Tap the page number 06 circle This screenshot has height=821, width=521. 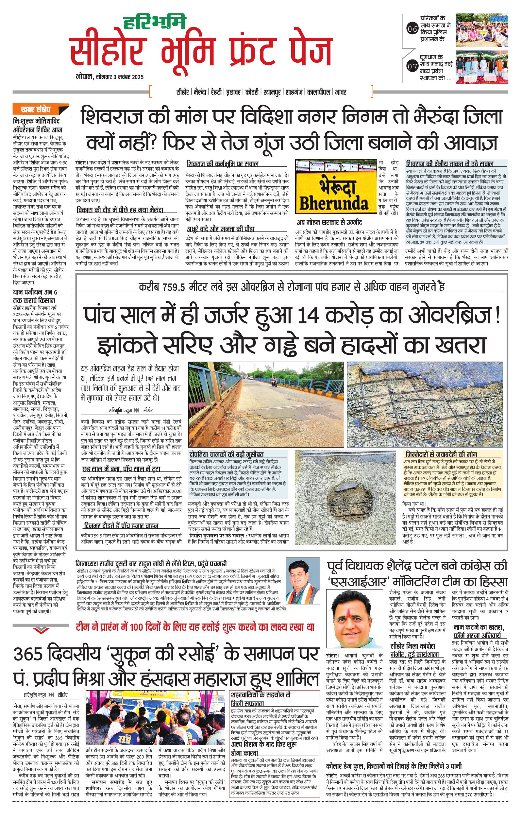pyautogui.click(x=412, y=29)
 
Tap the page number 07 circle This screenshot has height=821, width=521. pyautogui.click(x=412, y=66)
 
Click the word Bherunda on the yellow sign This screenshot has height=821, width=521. pyautogui.click(x=332, y=204)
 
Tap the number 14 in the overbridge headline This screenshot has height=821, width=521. pyautogui.click(x=308, y=317)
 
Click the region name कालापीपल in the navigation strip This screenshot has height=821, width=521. pyautogui.click(x=319, y=92)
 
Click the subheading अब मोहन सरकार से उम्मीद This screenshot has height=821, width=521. pyautogui.click(x=328, y=222)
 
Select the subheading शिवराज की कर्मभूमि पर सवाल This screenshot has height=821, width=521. pyautogui.click(x=222, y=164)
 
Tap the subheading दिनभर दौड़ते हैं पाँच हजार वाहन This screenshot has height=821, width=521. pyautogui.click(x=121, y=526)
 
